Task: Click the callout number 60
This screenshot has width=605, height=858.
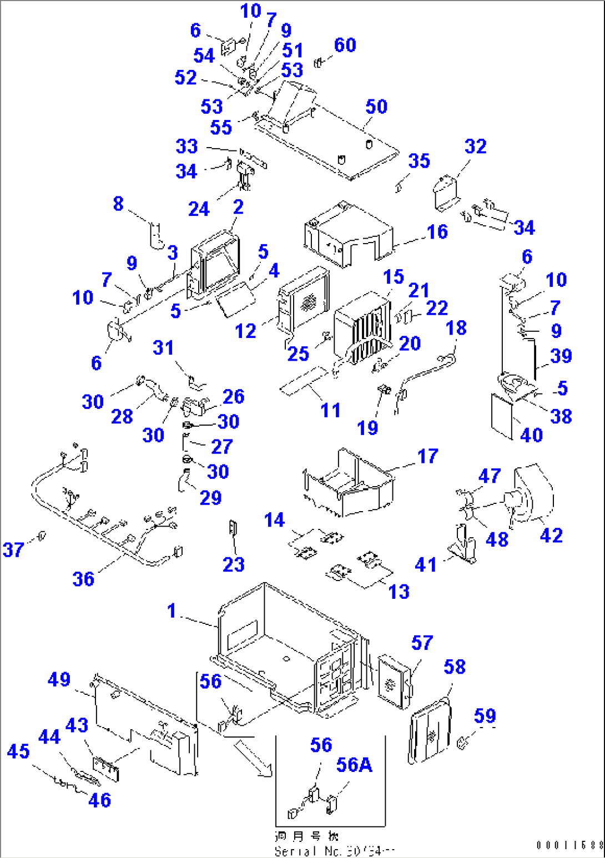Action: pyautogui.click(x=345, y=45)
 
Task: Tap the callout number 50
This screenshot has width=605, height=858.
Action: pyautogui.click(x=376, y=107)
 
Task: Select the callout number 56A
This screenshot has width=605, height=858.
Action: pyautogui.click(x=354, y=765)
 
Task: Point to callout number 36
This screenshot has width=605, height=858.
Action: pyautogui.click(x=83, y=579)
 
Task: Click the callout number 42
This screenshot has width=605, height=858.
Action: pyautogui.click(x=551, y=535)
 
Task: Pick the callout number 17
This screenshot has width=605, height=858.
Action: pyautogui.click(x=427, y=456)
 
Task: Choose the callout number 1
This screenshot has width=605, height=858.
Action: pyautogui.click(x=172, y=610)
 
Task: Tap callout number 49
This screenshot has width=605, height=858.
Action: pyautogui.click(x=59, y=680)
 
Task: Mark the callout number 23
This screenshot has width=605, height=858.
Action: pyautogui.click(x=233, y=564)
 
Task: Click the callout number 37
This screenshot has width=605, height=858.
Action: pyautogui.click(x=13, y=550)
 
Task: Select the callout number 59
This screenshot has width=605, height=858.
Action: pyautogui.click(x=485, y=716)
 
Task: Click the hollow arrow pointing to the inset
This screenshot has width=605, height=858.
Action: pyautogui.click(x=252, y=757)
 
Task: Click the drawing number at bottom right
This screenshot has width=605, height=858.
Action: pyautogui.click(x=569, y=845)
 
